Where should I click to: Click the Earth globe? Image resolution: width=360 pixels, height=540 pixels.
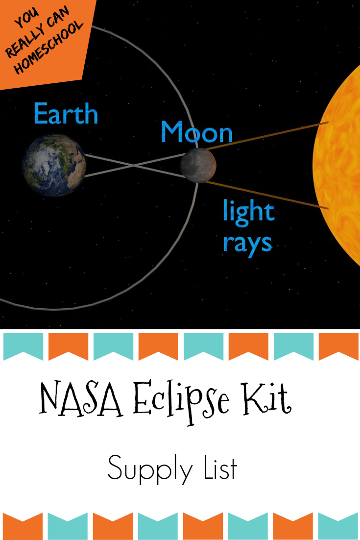click(54, 165)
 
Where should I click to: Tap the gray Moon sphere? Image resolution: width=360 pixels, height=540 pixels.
click(198, 165)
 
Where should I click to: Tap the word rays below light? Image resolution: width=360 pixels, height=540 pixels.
click(247, 244)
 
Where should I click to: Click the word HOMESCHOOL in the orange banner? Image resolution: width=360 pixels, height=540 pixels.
click(49, 48)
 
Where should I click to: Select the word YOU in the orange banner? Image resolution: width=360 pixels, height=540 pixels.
click(26, 19)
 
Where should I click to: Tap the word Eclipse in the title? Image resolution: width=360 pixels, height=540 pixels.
click(181, 401)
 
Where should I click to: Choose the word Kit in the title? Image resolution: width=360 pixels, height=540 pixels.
click(266, 398)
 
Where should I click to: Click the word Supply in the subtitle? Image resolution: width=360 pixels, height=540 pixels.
click(150, 469)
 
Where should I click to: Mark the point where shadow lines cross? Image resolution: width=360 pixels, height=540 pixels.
click(134, 166)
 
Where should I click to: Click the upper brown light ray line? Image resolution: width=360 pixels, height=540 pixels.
click(267, 136)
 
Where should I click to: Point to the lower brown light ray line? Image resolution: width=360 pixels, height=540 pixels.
click(267, 195)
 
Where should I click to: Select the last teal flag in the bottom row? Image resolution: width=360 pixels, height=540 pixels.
click(338, 526)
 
